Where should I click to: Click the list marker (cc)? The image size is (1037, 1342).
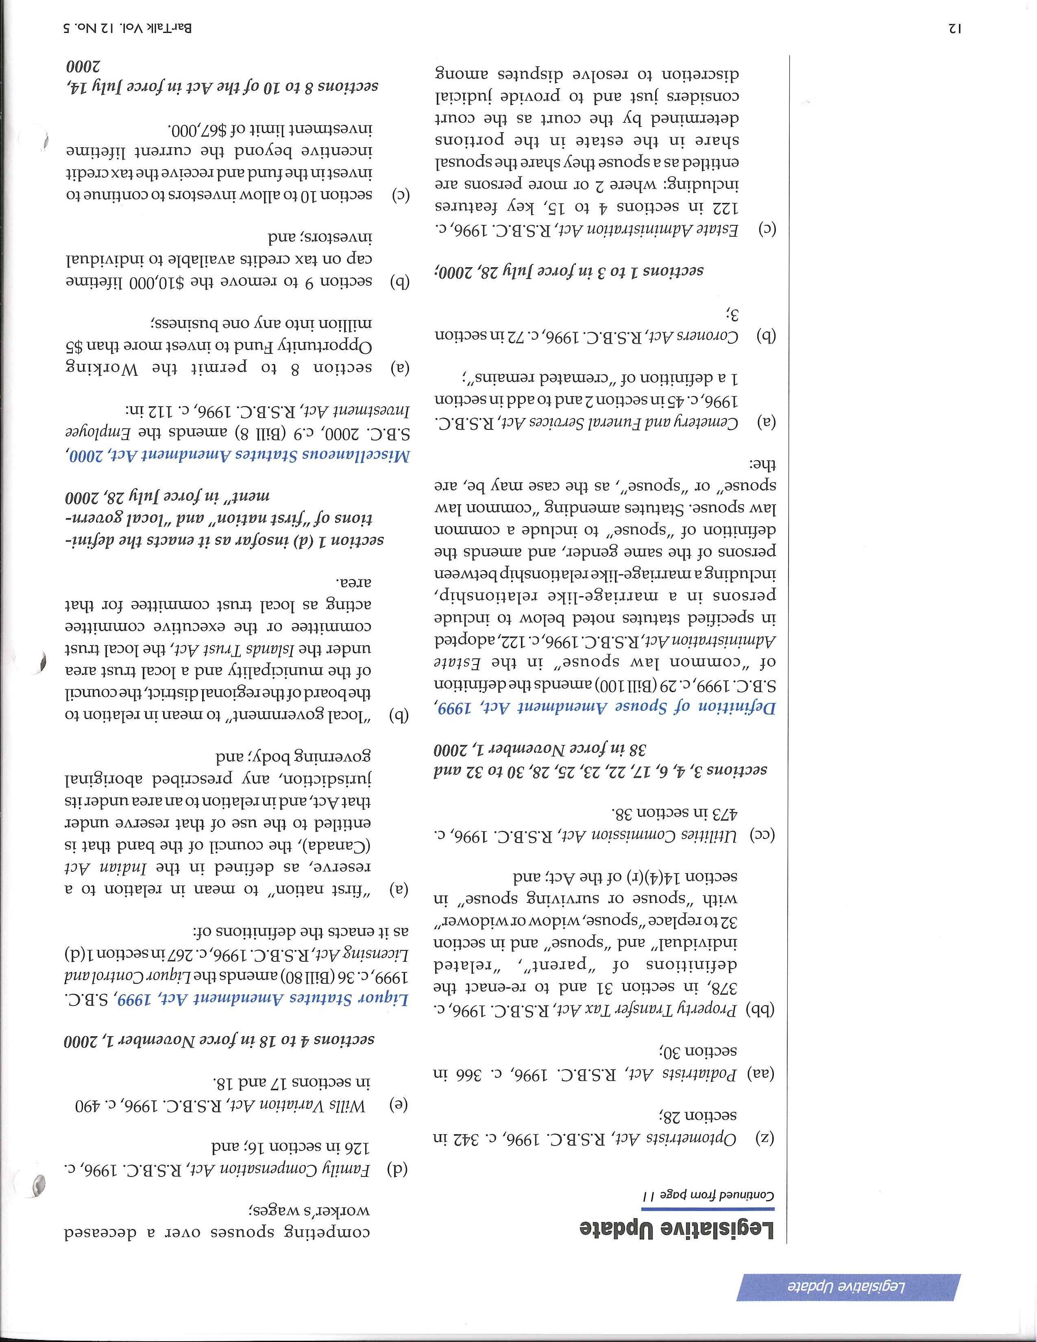click(764, 834)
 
